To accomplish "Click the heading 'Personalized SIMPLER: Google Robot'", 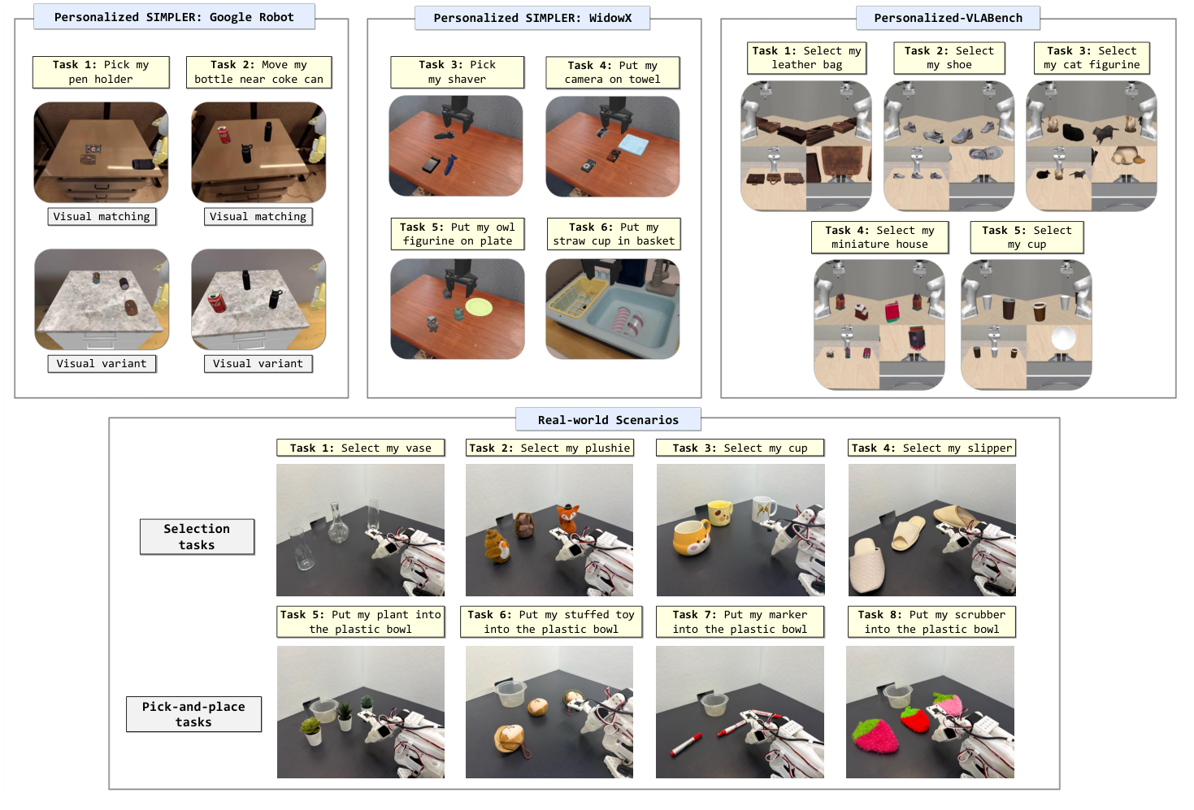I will [174, 17].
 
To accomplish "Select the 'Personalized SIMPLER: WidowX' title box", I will [532, 18].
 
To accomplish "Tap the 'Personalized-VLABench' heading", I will [948, 18].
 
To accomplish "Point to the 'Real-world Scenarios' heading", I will [608, 420].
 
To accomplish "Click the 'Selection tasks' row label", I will [197, 537].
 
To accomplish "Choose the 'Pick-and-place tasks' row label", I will [193, 714].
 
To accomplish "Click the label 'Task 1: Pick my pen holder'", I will [101, 72].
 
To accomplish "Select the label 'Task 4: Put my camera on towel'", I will [612, 72].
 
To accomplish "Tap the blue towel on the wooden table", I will [634, 145].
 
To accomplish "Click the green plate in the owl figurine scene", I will [479, 307].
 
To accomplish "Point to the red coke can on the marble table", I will [216, 303].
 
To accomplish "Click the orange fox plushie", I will [566, 518].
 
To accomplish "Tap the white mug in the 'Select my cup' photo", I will [763, 510].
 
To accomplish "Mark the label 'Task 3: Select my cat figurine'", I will [1092, 58].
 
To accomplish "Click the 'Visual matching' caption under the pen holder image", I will [102, 217].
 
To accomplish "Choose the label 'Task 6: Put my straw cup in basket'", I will [614, 234].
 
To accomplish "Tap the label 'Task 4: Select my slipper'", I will [931, 448].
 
